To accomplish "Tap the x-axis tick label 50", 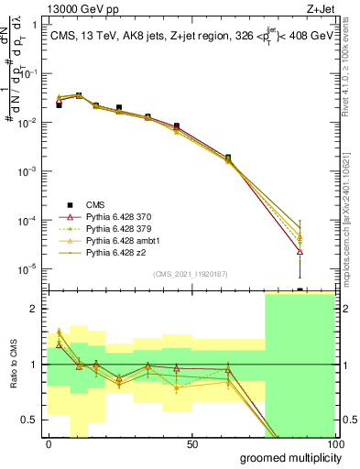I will pyautogui.click(x=191, y=443).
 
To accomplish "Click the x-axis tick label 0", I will pyautogui.click(x=49, y=443).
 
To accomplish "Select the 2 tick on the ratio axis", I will pyautogui.click(x=34, y=309).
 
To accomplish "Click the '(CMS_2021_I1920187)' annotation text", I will pyautogui.click(x=191, y=274).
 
